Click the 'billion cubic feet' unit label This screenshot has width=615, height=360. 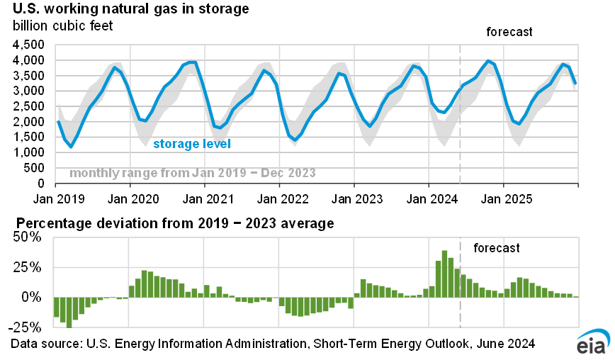[x=62, y=26]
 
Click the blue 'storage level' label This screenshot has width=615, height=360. [x=192, y=145]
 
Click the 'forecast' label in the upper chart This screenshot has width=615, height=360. [x=509, y=32]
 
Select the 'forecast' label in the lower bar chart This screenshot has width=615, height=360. [x=496, y=248]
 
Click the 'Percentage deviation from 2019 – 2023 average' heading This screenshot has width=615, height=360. [x=172, y=224]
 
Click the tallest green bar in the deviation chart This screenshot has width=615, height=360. [x=444, y=274]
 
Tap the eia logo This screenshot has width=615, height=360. [x=592, y=343]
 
